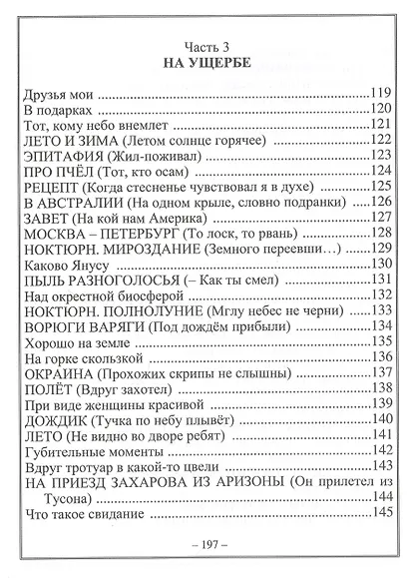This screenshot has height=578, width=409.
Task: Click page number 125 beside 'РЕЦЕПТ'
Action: tap(380, 186)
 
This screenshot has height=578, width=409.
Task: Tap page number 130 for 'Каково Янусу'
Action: tap(380, 264)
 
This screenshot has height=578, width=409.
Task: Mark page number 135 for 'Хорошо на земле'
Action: tap(380, 340)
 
